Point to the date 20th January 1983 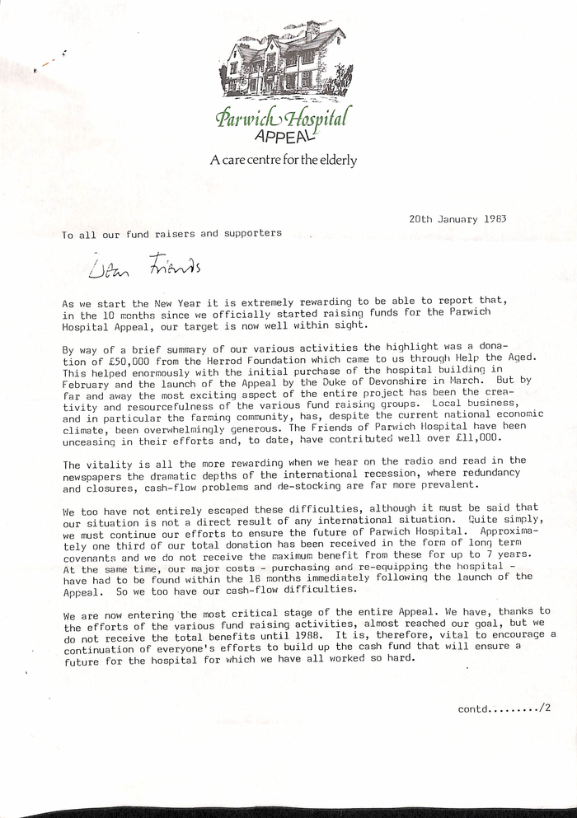[x=457, y=220]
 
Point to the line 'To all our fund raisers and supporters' [x=172, y=233]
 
